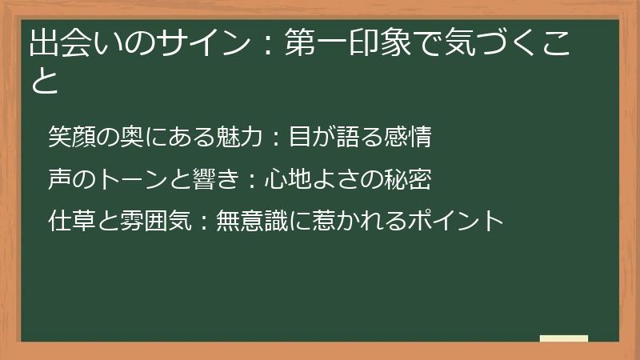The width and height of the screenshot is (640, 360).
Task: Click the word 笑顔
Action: click(70, 137)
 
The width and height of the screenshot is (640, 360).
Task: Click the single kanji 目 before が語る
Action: click(299, 137)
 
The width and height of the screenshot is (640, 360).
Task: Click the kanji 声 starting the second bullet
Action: click(59, 179)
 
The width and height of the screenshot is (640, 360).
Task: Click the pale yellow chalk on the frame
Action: click(564, 339)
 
